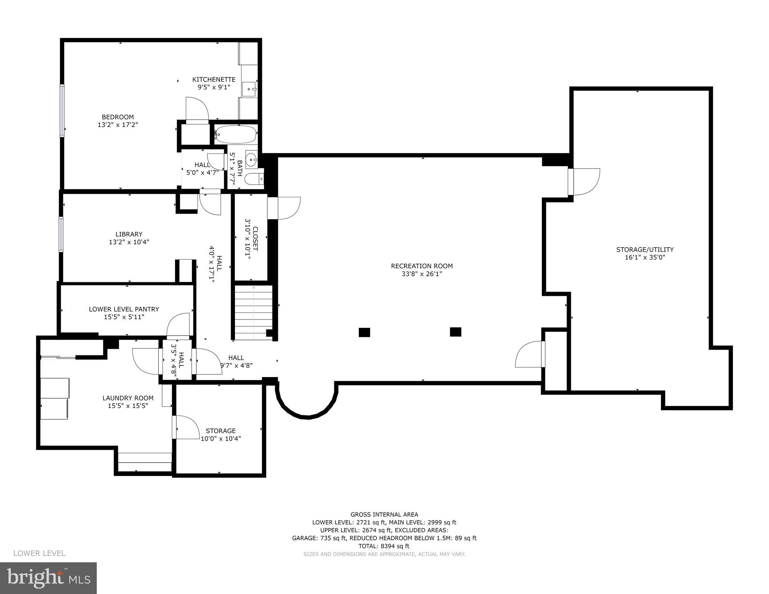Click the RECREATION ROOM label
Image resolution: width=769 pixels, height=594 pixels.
pyautogui.click(x=421, y=266)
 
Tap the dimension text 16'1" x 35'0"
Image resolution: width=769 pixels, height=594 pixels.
pyautogui.click(x=645, y=258)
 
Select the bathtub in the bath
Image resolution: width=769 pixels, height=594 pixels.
pyautogui.click(x=236, y=135)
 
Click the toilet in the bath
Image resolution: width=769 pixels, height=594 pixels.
pyautogui.click(x=255, y=179)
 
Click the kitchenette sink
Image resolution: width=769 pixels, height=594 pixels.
pyautogui.click(x=249, y=89)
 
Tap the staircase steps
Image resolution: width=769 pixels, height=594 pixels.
pyautogui.click(x=253, y=312)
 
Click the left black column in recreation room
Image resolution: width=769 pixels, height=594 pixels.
pyautogui.click(x=364, y=332)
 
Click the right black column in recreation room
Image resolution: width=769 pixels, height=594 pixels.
pyautogui.click(x=456, y=332)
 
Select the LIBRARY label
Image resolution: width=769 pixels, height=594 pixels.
pyautogui.click(x=129, y=234)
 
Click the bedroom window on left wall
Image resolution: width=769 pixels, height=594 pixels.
pyautogui.click(x=62, y=110)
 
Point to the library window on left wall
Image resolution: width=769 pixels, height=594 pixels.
pyautogui.click(x=61, y=234)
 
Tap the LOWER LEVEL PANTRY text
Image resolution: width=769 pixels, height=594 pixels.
pyautogui.click(x=124, y=309)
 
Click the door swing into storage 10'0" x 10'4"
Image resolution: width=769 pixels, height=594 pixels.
pyautogui.click(x=187, y=427)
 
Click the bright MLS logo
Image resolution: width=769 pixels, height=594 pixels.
pyautogui.click(x=48, y=578)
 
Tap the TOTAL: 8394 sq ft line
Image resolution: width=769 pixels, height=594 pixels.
pyautogui.click(x=384, y=546)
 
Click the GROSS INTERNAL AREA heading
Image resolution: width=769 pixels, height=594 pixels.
pyautogui.click(x=384, y=514)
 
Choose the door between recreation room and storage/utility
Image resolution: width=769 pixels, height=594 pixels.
pyautogui.click(x=584, y=182)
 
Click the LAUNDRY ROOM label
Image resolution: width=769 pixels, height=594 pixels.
pyautogui.click(x=128, y=398)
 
